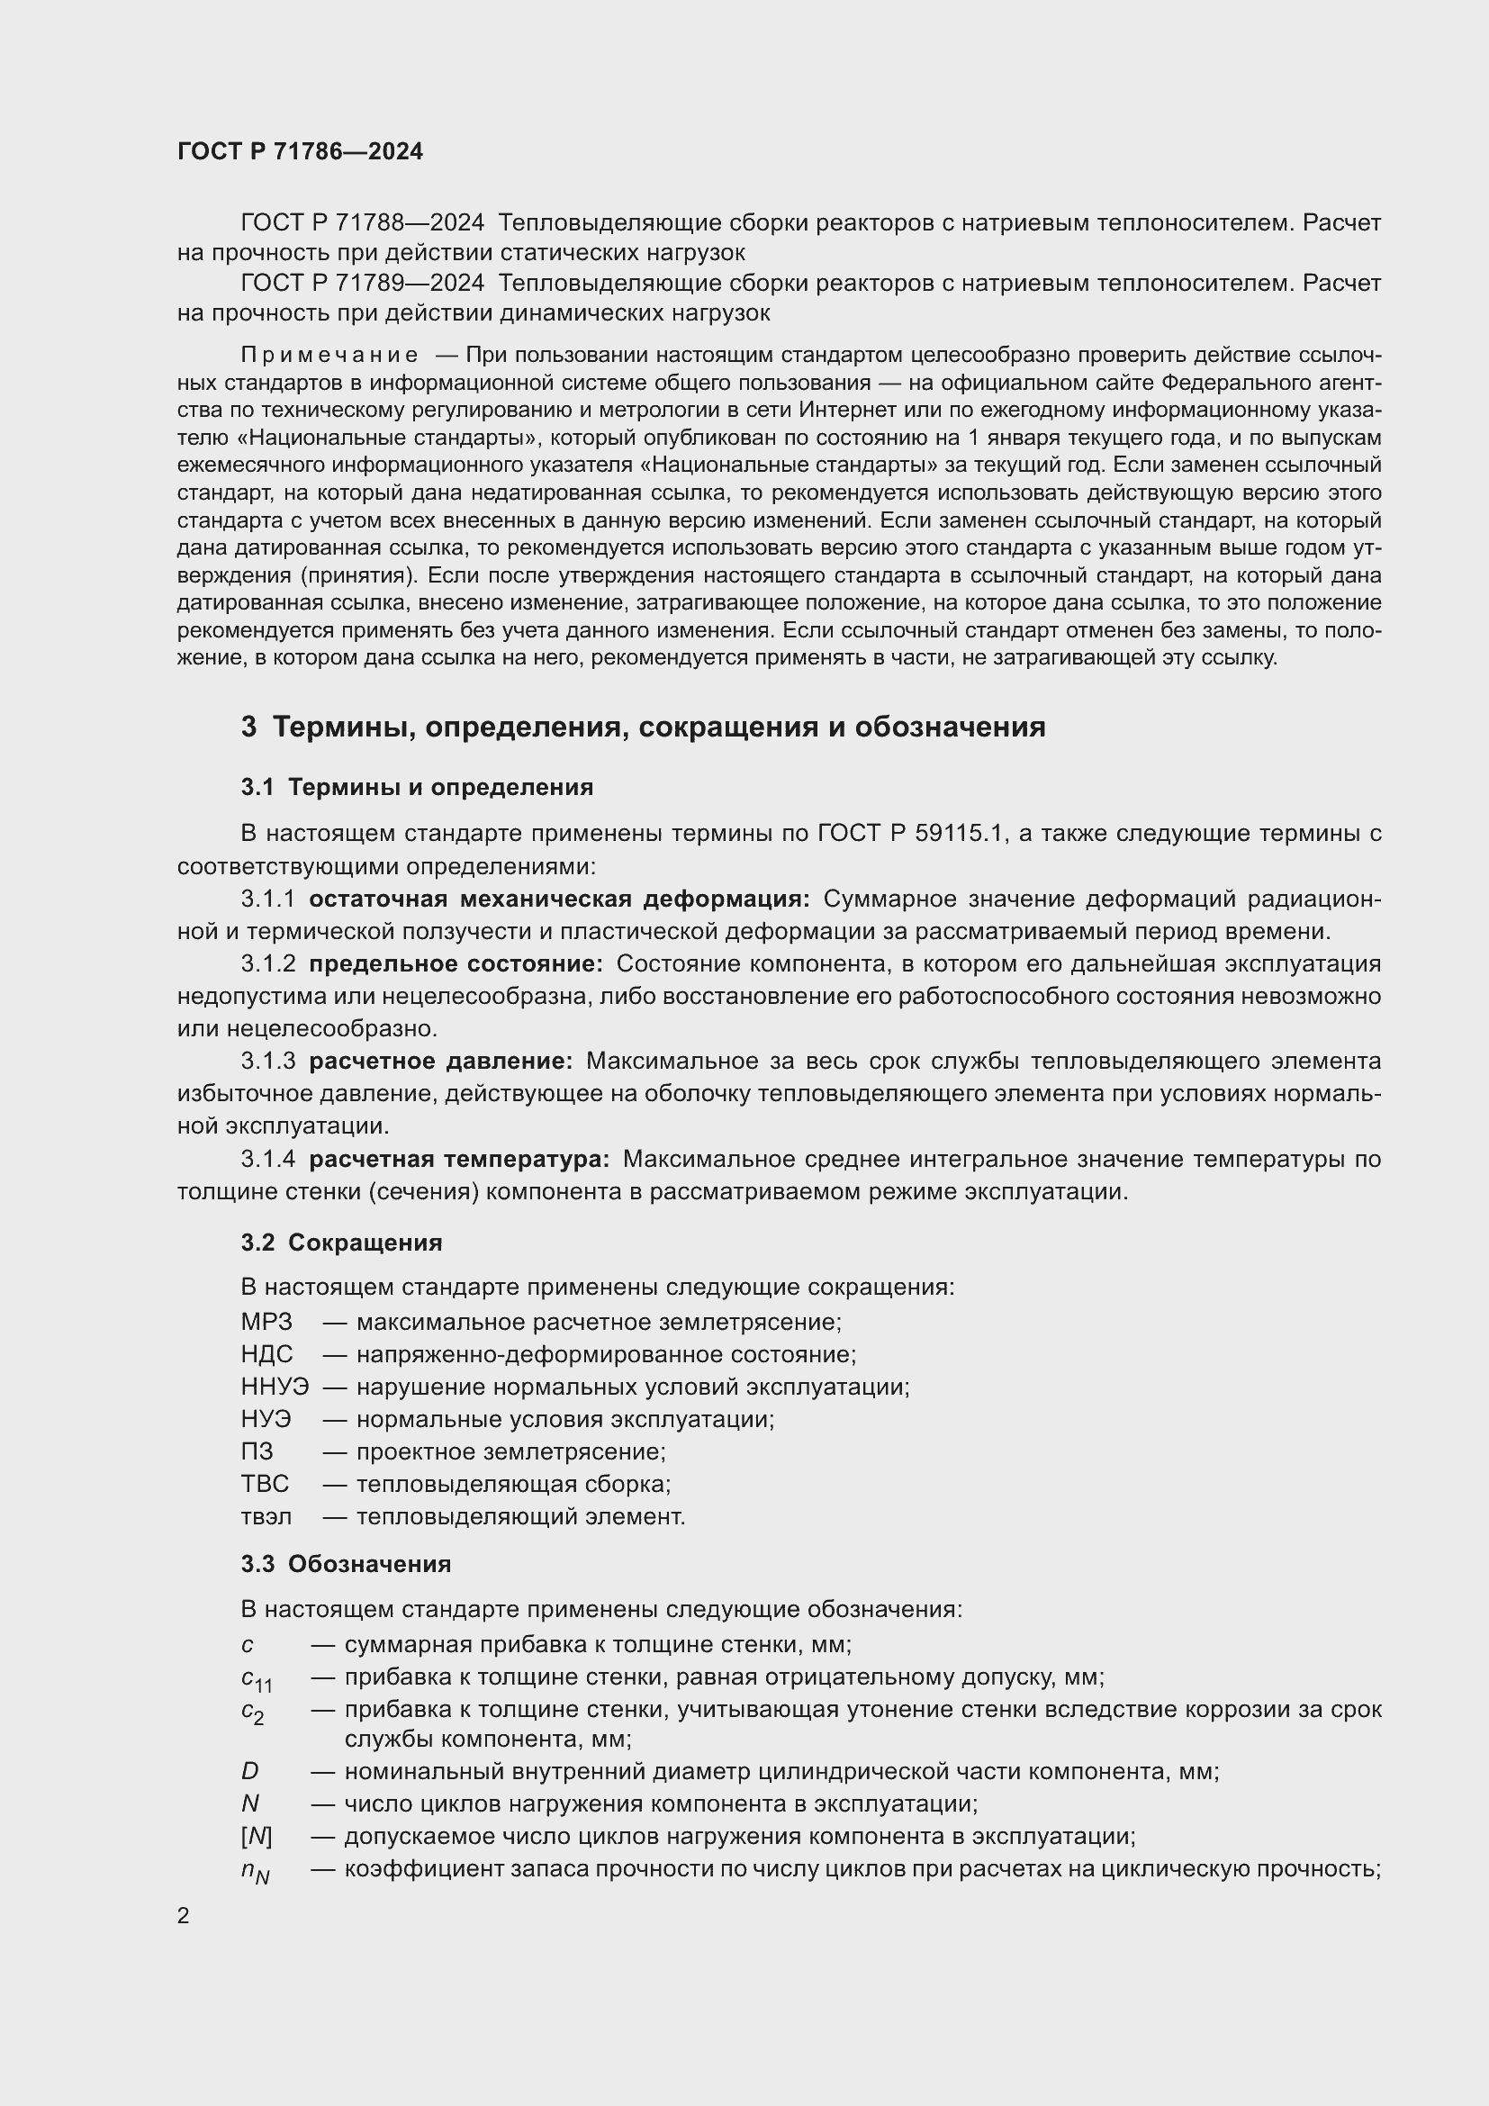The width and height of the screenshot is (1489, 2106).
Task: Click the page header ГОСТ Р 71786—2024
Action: [300, 151]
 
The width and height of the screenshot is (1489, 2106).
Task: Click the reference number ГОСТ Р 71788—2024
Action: [362, 223]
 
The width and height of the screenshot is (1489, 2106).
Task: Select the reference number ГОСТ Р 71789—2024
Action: [362, 284]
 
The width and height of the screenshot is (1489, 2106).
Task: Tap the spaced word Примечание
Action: [329, 355]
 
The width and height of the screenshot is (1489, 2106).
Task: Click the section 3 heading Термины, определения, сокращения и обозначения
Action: [643, 727]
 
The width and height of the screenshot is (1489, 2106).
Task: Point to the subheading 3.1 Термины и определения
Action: [417, 787]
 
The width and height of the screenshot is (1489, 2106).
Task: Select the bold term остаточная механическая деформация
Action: [558, 899]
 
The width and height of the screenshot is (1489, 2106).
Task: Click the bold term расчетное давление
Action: [440, 1062]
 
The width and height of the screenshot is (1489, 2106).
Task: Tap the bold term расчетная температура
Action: [458, 1160]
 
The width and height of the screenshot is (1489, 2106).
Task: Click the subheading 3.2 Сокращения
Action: [341, 1243]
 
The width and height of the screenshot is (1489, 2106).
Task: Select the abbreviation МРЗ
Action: [266, 1322]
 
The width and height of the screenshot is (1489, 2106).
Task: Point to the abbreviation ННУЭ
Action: [275, 1387]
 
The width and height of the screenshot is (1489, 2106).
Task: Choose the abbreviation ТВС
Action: [265, 1484]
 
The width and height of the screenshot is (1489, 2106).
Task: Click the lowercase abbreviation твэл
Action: [266, 1517]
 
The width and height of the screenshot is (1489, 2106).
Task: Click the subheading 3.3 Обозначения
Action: [346, 1564]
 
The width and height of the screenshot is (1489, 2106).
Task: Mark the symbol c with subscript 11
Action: [257, 1679]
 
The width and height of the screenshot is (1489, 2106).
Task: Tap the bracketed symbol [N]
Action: [257, 1836]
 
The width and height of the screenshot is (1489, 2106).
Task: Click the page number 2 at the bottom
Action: [184, 1915]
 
